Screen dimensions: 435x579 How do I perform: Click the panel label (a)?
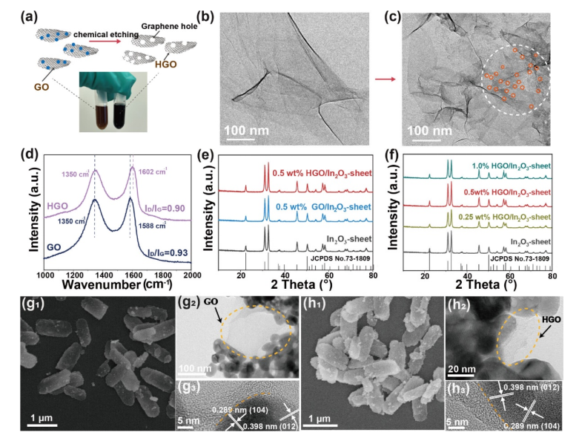click(13, 14)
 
